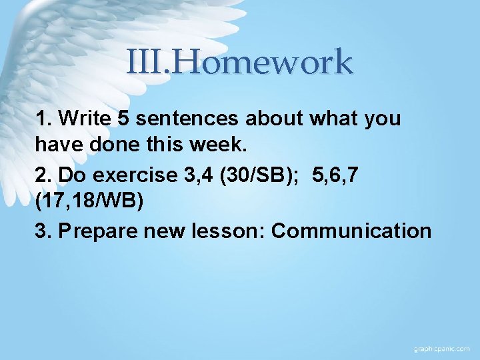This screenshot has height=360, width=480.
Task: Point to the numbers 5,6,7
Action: coord(339,175)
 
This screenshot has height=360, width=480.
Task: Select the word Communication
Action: coord(351,231)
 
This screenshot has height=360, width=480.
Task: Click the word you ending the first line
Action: coord(383,119)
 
